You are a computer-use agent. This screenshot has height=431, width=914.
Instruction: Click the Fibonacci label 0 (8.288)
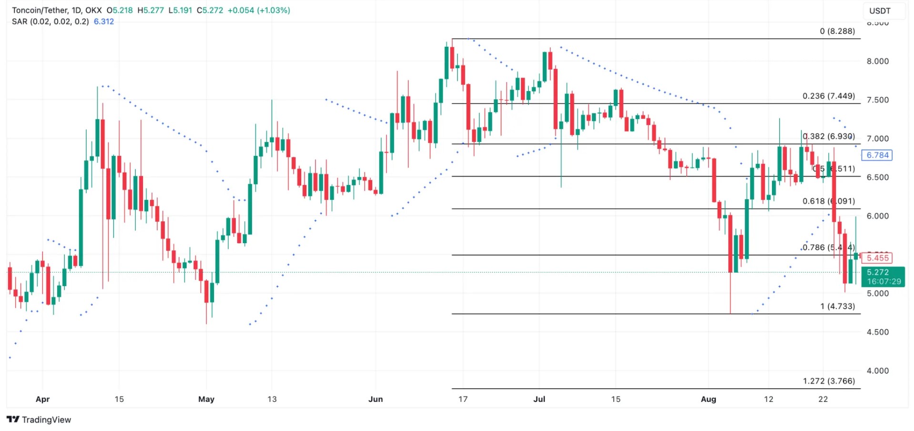(837, 31)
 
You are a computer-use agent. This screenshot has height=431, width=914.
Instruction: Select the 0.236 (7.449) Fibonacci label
(828, 96)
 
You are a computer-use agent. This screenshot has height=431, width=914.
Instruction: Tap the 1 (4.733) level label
(837, 307)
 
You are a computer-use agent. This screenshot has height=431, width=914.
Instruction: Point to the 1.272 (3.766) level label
(829, 381)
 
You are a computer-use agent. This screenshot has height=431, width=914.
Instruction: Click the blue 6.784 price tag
(877, 155)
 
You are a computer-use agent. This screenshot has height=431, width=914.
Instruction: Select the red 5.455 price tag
(877, 258)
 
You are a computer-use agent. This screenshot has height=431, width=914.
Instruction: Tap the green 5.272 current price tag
(883, 277)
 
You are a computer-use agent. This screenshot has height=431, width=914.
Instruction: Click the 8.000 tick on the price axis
(877, 62)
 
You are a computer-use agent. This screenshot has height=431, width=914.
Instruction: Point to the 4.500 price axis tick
(877, 332)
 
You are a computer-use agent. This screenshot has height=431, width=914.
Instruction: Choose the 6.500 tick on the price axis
(877, 177)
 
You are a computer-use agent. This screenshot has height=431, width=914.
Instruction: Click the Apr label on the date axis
(42, 400)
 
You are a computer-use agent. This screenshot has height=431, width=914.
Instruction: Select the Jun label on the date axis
(376, 400)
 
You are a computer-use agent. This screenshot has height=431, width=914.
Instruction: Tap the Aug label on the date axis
(708, 400)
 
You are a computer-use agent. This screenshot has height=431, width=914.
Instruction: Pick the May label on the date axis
(206, 400)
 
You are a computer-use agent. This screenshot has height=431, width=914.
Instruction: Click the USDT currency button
(880, 11)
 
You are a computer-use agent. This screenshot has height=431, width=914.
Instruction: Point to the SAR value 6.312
(104, 22)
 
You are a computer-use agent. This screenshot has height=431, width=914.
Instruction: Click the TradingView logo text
(46, 420)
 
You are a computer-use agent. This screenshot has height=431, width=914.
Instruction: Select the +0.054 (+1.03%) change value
(259, 10)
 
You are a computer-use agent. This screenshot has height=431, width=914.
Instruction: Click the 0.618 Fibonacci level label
(828, 202)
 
